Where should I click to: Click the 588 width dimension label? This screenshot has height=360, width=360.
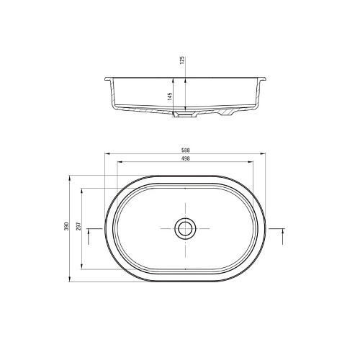point(186,150)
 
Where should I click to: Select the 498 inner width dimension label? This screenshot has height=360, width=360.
point(186,158)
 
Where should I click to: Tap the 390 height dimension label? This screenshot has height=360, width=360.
point(66,226)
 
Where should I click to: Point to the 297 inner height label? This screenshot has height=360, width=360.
point(79,226)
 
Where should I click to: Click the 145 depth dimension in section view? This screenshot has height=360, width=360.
point(170,96)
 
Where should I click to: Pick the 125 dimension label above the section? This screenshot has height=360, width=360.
point(182,60)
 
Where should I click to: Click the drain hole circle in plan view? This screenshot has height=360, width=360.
point(185,228)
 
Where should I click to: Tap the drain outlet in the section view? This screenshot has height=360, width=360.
point(185,114)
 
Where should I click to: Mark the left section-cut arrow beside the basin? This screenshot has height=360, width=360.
point(89,236)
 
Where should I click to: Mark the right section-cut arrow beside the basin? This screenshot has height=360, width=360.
point(283,236)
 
